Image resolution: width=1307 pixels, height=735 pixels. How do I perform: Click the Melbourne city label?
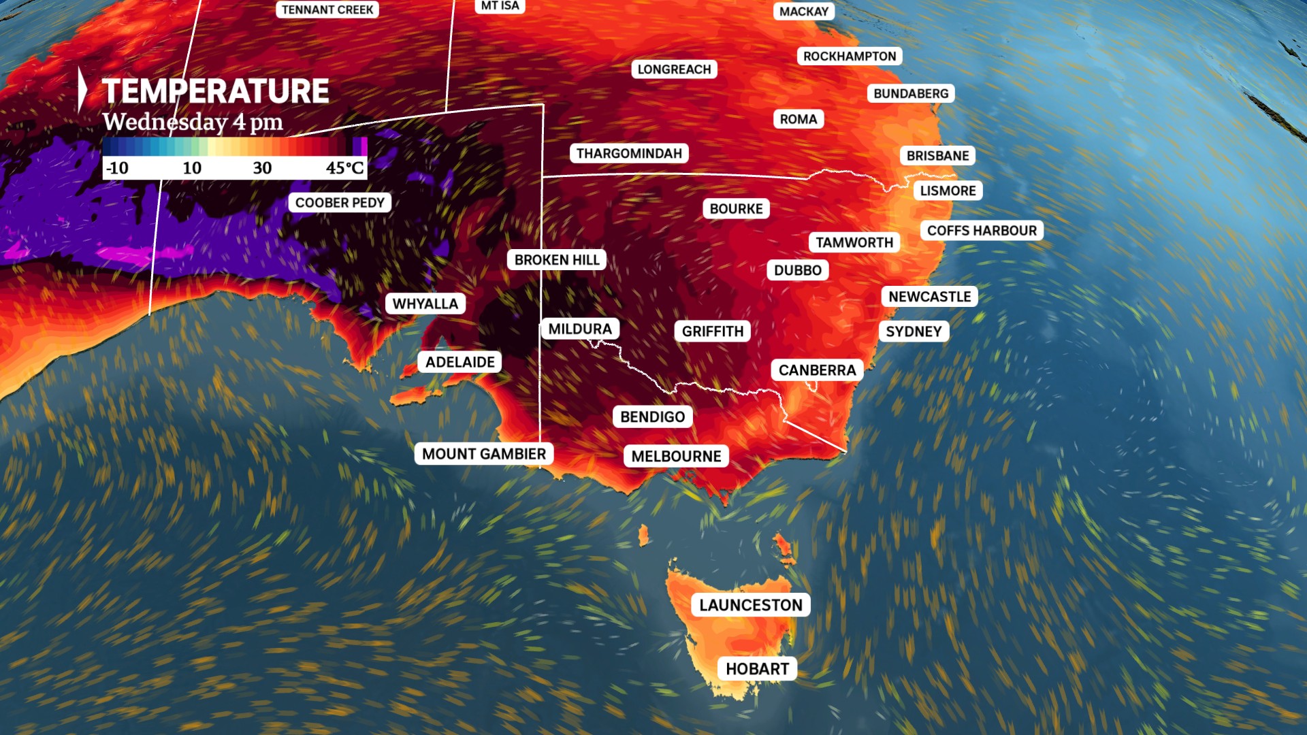(x=676, y=456)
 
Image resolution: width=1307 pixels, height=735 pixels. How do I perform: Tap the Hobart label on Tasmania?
(x=757, y=669)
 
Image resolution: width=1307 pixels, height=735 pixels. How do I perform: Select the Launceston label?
(x=751, y=605)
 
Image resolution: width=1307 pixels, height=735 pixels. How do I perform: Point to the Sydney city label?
(x=914, y=331)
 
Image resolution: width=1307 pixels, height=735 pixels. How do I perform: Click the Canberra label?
(x=817, y=370)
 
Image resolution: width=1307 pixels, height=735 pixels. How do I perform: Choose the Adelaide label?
(x=460, y=362)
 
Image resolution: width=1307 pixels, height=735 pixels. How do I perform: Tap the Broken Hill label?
(x=557, y=260)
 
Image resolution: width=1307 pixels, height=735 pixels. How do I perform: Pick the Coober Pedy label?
(x=340, y=203)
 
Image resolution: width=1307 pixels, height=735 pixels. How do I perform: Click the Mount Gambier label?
(x=484, y=454)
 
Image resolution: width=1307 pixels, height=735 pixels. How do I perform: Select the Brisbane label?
(x=937, y=156)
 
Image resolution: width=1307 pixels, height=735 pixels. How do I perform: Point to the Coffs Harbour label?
(x=982, y=231)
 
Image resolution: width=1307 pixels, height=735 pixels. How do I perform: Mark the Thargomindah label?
(x=629, y=153)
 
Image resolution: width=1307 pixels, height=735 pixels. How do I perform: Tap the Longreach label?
(x=674, y=69)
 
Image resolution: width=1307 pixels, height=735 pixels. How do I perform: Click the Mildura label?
(x=580, y=329)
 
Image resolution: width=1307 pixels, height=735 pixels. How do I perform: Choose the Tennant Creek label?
(x=327, y=10)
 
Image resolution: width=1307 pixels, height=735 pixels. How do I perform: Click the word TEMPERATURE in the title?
(x=215, y=91)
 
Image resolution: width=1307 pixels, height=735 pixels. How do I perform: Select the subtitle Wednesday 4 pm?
(x=193, y=122)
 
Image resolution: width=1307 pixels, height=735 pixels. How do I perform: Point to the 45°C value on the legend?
(x=344, y=168)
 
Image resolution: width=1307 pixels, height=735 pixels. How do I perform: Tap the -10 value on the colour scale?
(x=117, y=168)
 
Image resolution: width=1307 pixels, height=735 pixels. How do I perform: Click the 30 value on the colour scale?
(x=262, y=168)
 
